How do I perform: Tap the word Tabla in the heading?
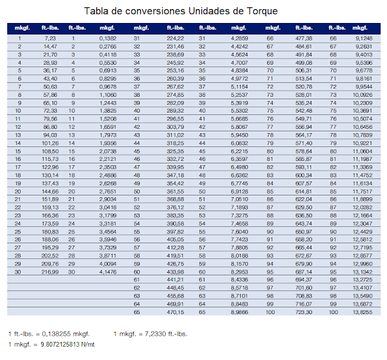[97, 11]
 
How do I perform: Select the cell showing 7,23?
[50, 38]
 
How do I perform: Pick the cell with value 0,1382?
[108, 38]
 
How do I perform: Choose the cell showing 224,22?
[175, 38]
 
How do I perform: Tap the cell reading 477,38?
[304, 38]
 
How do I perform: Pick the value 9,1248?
[363, 38]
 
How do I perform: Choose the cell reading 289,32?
[175, 111]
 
